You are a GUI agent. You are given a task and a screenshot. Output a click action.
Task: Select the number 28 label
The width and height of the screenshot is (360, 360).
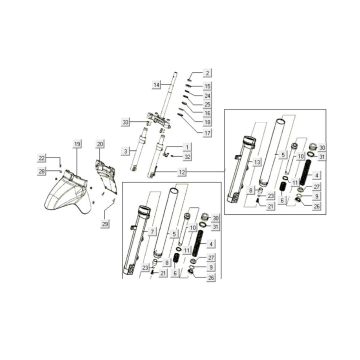click(x=42, y=171)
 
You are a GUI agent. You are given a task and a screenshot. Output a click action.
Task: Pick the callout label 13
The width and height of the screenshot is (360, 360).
click(x=257, y=162)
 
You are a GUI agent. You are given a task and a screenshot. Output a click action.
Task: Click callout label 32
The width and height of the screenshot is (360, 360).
click(x=186, y=157)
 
